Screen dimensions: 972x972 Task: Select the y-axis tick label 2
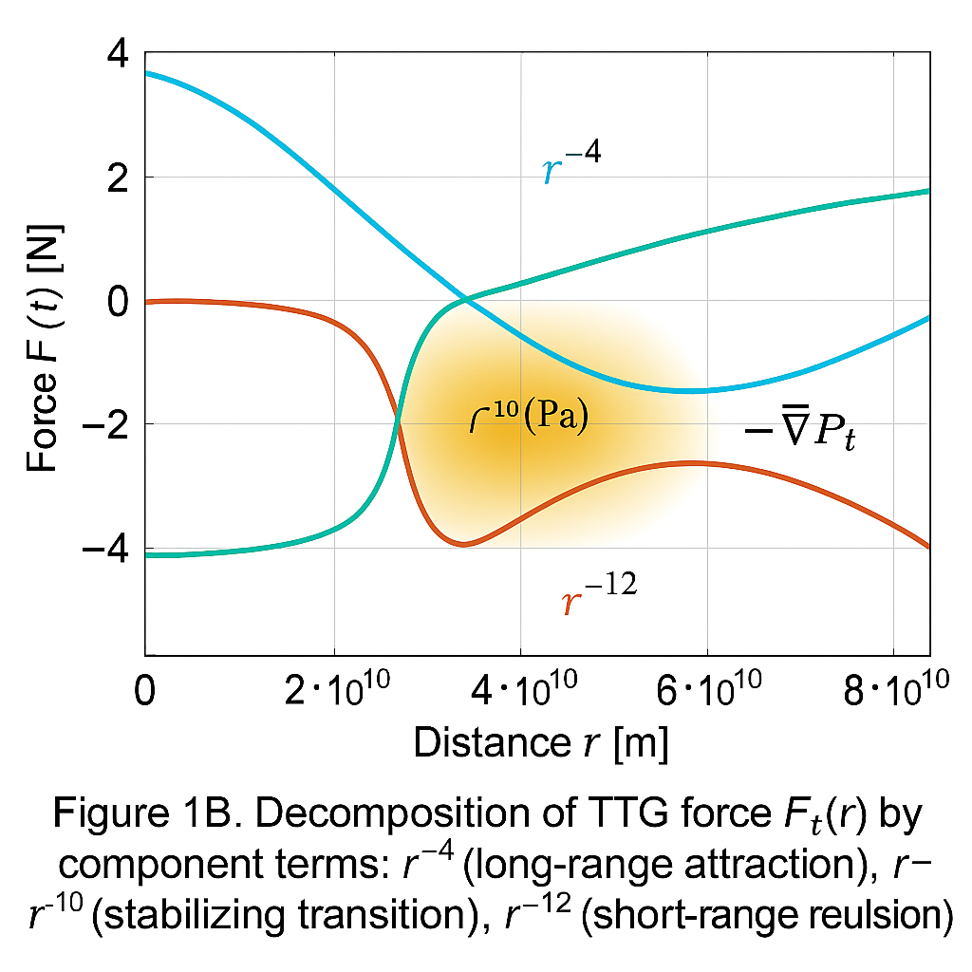coord(120,178)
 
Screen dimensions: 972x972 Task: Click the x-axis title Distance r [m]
coord(540,744)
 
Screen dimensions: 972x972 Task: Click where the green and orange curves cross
coord(398,422)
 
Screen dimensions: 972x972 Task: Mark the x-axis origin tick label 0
coord(144,690)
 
